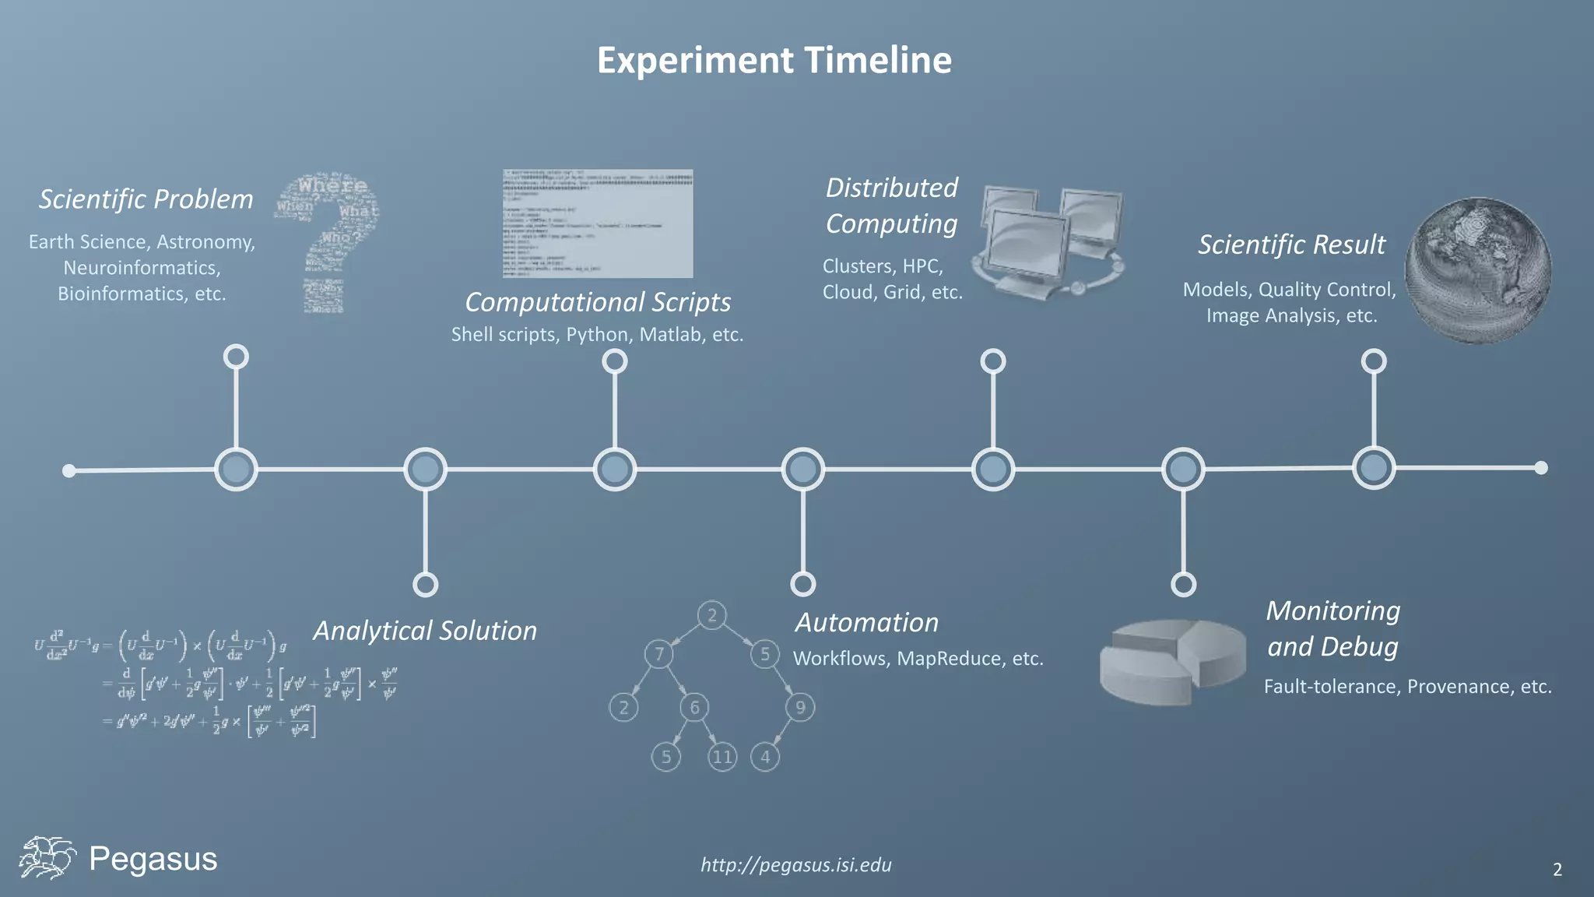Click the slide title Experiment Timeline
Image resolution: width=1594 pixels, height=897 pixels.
774,61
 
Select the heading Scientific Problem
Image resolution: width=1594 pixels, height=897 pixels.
146,199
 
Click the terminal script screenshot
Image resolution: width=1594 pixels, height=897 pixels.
598,223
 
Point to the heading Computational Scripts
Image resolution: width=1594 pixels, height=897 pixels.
598,302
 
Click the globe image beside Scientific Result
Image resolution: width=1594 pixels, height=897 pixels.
1477,271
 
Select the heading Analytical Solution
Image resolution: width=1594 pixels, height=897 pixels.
425,631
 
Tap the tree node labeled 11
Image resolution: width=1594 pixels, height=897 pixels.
722,757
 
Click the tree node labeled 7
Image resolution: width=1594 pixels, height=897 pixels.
659,654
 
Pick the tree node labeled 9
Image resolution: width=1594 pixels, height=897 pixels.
800,707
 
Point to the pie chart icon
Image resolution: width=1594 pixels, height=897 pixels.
1172,662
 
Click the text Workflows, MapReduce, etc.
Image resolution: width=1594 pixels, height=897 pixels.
918,659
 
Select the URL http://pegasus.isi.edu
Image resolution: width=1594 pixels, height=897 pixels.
796,865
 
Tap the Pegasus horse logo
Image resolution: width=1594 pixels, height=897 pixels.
47,858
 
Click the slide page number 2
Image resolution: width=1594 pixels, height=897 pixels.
1557,870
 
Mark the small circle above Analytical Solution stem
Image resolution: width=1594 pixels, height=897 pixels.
425,584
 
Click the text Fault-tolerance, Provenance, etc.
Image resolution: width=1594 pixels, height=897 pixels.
1407,687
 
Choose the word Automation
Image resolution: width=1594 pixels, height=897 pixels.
866,623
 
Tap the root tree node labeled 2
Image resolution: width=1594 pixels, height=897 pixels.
711,616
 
